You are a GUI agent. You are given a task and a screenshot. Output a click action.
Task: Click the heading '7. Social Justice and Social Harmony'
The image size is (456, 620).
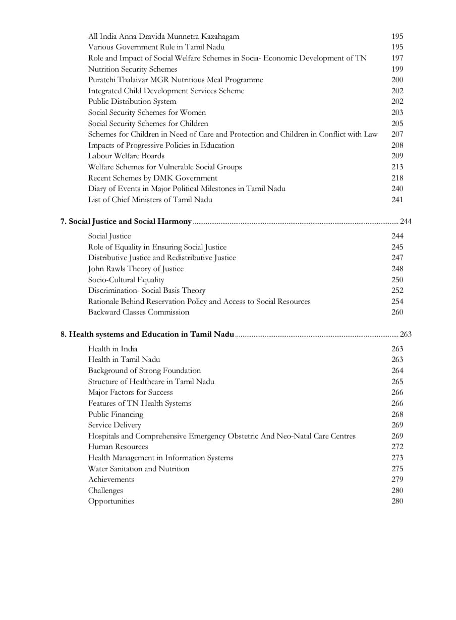click(x=126, y=221)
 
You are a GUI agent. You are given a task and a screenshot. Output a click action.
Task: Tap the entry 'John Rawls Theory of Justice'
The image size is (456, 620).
click(x=136, y=269)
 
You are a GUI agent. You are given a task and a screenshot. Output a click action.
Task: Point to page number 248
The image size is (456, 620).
click(x=397, y=269)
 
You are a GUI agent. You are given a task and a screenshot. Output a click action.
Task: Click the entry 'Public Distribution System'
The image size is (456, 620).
click(x=132, y=101)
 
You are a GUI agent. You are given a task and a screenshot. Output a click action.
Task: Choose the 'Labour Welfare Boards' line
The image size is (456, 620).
click(x=126, y=156)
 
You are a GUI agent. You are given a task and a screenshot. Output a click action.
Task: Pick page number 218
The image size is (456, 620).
click(x=397, y=178)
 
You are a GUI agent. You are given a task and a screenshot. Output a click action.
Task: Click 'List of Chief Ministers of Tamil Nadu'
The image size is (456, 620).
click(x=150, y=200)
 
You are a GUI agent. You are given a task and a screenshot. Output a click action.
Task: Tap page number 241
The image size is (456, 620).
click(x=397, y=200)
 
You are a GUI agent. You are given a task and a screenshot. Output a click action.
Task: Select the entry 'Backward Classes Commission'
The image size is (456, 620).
click(x=139, y=312)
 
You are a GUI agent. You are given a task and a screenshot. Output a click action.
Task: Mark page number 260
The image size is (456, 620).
click(x=397, y=312)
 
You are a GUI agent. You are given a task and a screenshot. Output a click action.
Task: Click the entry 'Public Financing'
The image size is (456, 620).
click(x=116, y=414)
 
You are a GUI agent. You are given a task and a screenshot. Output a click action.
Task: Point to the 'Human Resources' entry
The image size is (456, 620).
click(x=118, y=447)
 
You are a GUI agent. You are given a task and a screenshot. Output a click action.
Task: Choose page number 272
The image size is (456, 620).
click(x=397, y=447)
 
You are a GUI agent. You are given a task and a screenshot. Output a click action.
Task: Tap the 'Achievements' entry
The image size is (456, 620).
click(x=111, y=479)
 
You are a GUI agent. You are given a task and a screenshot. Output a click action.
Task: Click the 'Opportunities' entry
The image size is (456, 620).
click(x=111, y=501)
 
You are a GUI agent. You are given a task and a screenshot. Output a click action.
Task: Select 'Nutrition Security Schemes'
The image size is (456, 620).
click(x=133, y=69)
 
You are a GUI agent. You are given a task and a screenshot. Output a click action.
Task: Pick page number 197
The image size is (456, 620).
click(x=397, y=58)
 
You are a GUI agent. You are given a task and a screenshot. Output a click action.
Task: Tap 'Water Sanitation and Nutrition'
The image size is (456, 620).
click(x=139, y=469)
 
